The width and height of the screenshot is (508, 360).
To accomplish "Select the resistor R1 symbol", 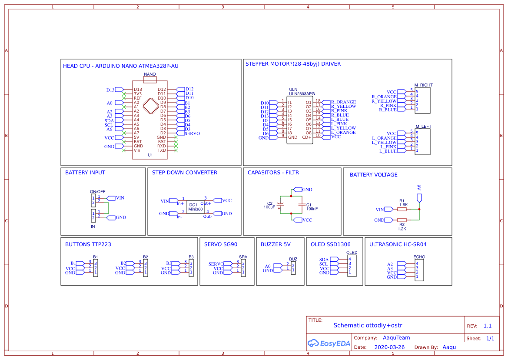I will pyautogui.click(x=402, y=209).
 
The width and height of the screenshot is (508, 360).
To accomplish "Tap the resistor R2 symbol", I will pyautogui.click(x=402, y=220).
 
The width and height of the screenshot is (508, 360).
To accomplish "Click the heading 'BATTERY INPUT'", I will pyautogui.click(x=85, y=173).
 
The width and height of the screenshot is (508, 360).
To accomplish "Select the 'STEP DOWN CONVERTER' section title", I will pyautogui.click(x=185, y=173).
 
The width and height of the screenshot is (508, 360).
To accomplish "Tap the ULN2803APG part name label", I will pyautogui.click(x=302, y=94).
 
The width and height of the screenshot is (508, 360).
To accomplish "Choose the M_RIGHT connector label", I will pyautogui.click(x=423, y=85).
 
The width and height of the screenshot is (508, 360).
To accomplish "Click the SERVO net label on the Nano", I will pyautogui.click(x=192, y=133).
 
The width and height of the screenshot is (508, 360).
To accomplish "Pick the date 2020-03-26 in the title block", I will pyautogui.click(x=389, y=347).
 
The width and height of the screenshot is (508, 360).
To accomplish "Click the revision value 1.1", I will pyautogui.click(x=487, y=326).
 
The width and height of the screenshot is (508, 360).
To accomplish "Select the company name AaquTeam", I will pyautogui.click(x=396, y=338).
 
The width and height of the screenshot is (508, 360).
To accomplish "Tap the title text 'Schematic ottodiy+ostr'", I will pyautogui.click(x=368, y=325).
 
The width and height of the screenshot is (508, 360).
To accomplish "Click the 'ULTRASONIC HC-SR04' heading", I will pyautogui.click(x=398, y=244).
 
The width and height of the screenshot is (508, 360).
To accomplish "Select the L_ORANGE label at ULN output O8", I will pyautogui.click(x=343, y=133).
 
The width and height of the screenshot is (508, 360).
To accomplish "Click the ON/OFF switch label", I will pyautogui.click(x=97, y=192).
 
